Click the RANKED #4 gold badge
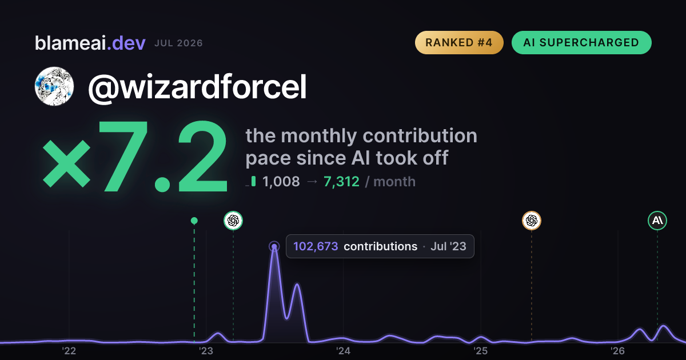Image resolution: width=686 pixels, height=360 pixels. (x=459, y=42)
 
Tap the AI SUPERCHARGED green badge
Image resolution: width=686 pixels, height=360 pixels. (x=581, y=42)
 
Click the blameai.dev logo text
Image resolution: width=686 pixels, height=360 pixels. (x=90, y=43)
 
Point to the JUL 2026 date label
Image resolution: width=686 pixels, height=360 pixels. (x=178, y=43)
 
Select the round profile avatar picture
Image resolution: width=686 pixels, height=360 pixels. (x=54, y=86)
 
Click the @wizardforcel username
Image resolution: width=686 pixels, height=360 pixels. (x=197, y=87)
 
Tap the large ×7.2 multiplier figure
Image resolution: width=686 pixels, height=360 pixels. (x=135, y=156)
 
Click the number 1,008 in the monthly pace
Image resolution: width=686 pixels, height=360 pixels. (x=281, y=182)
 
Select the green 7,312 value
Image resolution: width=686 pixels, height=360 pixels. (x=341, y=182)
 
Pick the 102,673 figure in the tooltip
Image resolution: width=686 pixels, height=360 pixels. (x=316, y=246)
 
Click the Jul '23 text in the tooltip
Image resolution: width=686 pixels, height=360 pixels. (x=448, y=246)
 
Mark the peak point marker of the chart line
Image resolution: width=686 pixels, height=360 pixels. (x=274, y=246)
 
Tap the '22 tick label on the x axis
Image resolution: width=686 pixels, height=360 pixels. (x=69, y=351)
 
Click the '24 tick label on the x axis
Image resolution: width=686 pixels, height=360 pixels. (x=343, y=351)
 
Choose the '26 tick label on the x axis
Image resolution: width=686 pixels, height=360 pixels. (x=617, y=351)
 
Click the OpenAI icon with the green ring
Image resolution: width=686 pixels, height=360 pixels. (x=233, y=221)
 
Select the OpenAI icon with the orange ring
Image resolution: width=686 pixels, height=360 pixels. (x=531, y=221)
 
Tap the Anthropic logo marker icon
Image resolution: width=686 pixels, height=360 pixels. (x=657, y=221)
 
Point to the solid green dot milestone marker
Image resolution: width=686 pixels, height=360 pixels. (x=194, y=221)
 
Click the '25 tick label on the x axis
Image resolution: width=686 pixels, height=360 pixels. (x=480, y=351)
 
